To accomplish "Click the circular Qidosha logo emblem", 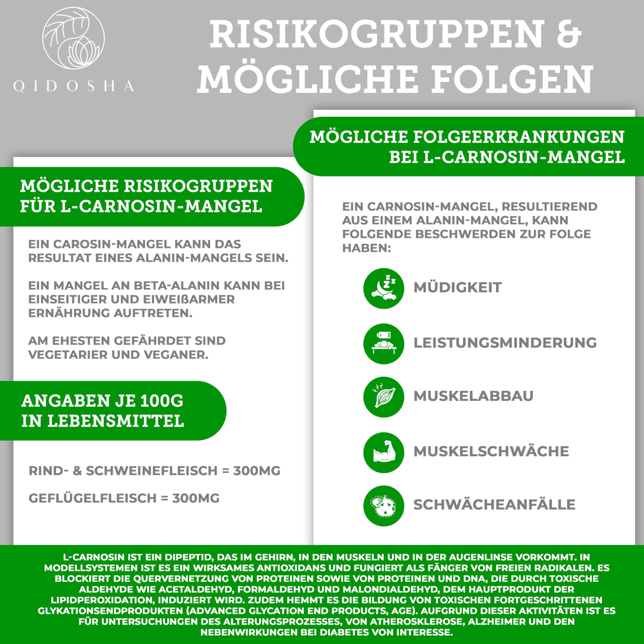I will [x=74, y=38].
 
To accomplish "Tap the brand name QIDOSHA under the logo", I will [x=74, y=86].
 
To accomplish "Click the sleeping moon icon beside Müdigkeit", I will [x=384, y=288].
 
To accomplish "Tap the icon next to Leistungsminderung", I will [x=384, y=344].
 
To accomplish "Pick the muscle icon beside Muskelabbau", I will [x=384, y=397].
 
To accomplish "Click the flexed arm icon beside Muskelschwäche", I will [x=384, y=452].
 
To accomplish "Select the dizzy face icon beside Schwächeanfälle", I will [x=384, y=506].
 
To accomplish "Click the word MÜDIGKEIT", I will [x=457, y=287].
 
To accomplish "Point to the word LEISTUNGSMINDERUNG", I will [x=505, y=343].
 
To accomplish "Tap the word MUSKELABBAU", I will [x=473, y=396].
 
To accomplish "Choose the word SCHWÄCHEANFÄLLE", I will [x=494, y=505].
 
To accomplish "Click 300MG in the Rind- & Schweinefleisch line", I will [x=257, y=471].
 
